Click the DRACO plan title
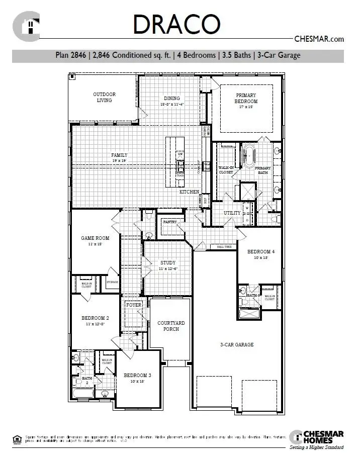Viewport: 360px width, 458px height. pyautogui.click(x=176, y=25)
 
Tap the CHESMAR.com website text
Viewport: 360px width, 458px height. pyautogui.click(x=318, y=39)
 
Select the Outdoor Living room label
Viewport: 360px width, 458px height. pyautogui.click(x=105, y=97)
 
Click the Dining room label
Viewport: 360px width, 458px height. pyautogui.click(x=172, y=101)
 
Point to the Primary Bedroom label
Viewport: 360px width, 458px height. pyautogui.click(x=246, y=98)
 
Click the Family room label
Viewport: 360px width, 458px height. pyautogui.click(x=119, y=158)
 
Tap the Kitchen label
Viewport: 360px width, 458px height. pyautogui.click(x=190, y=192)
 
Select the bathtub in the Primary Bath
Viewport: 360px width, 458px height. pyautogui.click(x=248, y=155)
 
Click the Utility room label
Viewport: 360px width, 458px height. pyautogui.click(x=232, y=213)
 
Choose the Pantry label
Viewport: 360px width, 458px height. pyautogui.click(x=169, y=222)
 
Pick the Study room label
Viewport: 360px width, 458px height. pyautogui.click(x=168, y=265)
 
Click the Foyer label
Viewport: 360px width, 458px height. pyautogui.click(x=134, y=305)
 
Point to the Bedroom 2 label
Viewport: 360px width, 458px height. pyautogui.click(x=95, y=320)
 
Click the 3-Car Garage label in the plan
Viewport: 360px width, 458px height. pyautogui.click(x=237, y=344)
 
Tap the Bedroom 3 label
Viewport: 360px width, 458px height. pyautogui.click(x=137, y=378)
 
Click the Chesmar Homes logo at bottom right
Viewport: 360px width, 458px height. pyautogui.click(x=317, y=438)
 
